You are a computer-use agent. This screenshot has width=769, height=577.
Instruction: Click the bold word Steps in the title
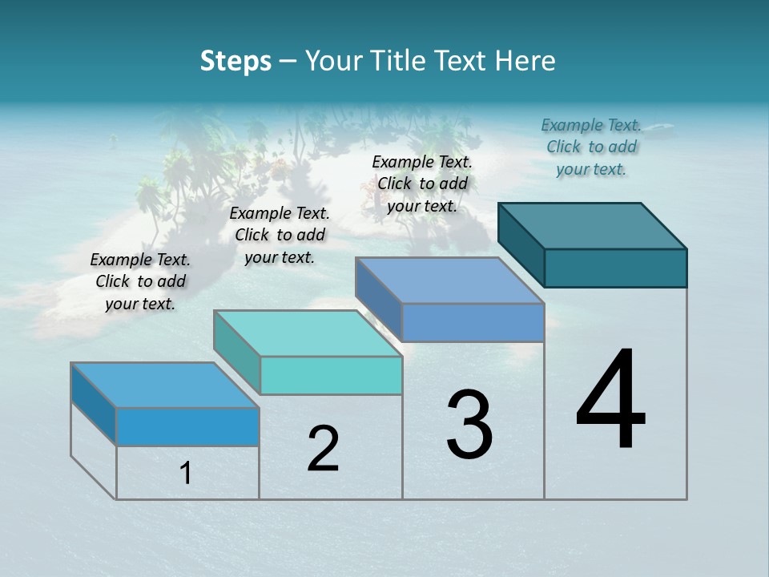[236, 61]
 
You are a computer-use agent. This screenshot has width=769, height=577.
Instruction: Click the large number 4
[610, 401]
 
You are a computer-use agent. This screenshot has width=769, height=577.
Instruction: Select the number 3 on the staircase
[469, 425]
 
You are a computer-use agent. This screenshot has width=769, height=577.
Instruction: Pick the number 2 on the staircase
[323, 449]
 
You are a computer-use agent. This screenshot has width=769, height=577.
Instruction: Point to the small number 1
[186, 474]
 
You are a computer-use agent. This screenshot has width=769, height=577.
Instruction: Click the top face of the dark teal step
[593, 225]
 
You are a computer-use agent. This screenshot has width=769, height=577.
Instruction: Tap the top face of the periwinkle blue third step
[450, 280]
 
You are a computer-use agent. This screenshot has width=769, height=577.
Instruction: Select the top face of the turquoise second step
[308, 333]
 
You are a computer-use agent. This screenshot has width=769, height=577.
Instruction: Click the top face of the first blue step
[166, 385]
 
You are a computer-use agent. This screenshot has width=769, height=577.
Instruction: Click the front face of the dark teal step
[615, 268]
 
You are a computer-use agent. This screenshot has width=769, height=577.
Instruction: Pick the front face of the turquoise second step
[331, 375]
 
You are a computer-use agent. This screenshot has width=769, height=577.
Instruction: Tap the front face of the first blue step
[187, 426]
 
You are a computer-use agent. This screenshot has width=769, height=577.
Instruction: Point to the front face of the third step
[473, 322]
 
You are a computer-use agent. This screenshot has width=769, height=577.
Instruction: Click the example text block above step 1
[140, 281]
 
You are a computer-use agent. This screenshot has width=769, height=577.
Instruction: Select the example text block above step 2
[280, 235]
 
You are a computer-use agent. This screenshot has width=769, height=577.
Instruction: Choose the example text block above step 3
[422, 184]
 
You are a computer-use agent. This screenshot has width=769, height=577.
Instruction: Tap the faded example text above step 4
[591, 147]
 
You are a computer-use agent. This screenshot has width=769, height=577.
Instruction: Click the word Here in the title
[525, 61]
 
